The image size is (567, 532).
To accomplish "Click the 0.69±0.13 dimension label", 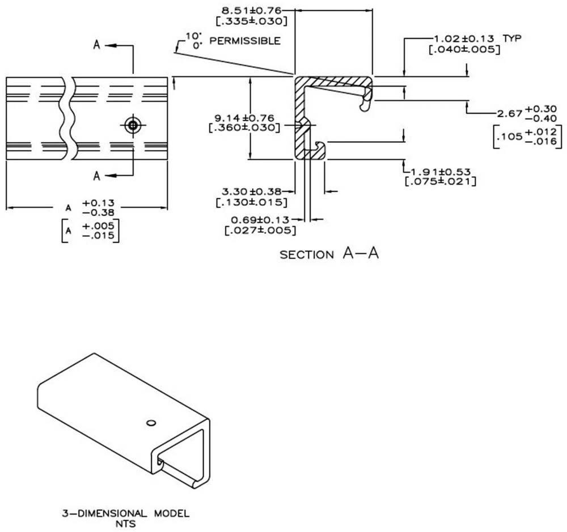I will (x=259, y=219).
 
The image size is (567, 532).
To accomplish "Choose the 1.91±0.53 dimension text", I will (x=441, y=171).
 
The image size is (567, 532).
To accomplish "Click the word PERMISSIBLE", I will (x=244, y=41).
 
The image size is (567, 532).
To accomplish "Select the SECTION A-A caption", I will (x=329, y=254).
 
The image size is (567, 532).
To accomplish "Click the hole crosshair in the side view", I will (x=133, y=125).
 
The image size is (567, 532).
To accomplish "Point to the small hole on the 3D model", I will (x=150, y=422).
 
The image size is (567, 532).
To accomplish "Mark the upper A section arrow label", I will (x=97, y=45).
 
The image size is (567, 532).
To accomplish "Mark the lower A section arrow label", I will (x=97, y=176).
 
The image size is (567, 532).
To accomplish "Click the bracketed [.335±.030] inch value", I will (x=250, y=20).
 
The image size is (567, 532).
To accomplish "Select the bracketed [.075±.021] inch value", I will (x=440, y=181).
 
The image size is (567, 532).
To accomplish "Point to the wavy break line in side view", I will (x=67, y=119).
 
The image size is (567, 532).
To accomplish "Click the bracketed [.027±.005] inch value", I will (x=260, y=230).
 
